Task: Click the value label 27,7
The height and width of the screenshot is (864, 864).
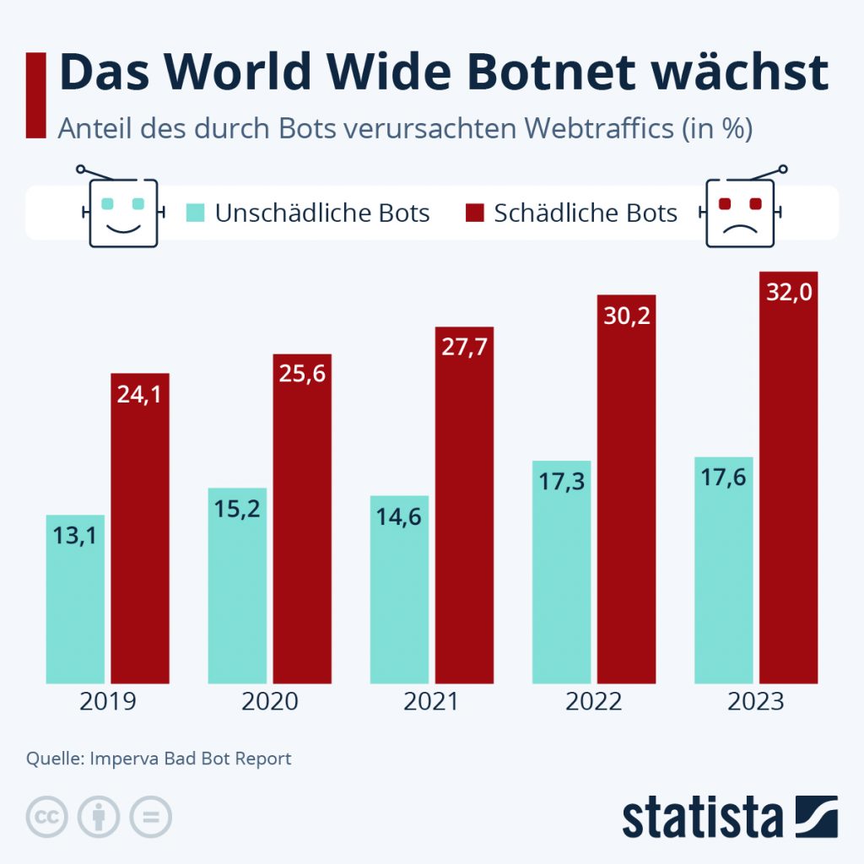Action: (x=464, y=348)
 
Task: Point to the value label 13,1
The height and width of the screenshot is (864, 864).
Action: (x=75, y=534)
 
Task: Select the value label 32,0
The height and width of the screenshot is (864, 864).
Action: (x=788, y=294)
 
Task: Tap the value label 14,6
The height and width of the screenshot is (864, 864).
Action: (x=399, y=515)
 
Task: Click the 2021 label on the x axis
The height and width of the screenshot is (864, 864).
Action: (x=431, y=702)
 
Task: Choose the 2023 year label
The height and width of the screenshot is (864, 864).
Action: (x=755, y=702)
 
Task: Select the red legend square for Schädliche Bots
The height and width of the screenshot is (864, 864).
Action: (x=475, y=212)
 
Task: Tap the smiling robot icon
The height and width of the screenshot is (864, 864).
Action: (x=123, y=210)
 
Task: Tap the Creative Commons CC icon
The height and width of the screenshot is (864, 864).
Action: (x=47, y=817)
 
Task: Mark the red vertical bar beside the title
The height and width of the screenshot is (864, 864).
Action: (x=35, y=94)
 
